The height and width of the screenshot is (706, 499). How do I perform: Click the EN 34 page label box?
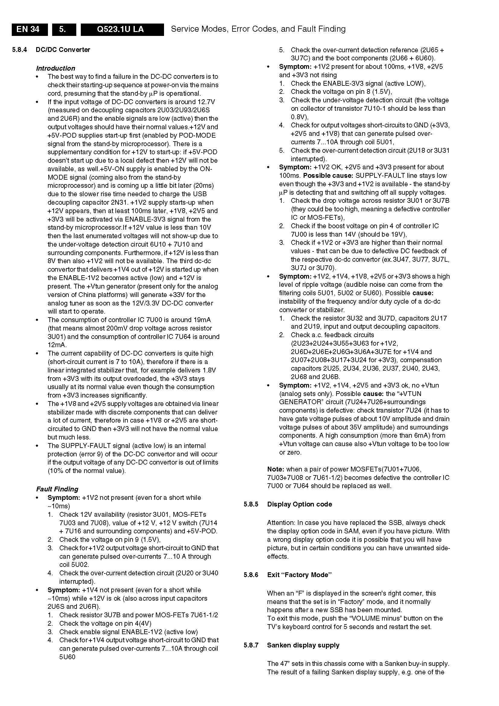(30, 29)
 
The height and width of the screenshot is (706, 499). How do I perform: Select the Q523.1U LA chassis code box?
(122, 29)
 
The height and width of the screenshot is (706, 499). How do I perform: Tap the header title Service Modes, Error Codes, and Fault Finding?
(258, 29)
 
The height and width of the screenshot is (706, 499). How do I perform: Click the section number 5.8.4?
(20, 50)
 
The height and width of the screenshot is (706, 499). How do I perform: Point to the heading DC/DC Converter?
(63, 50)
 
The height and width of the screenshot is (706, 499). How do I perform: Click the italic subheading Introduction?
(55, 68)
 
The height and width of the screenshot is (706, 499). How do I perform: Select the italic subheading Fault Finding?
(57, 489)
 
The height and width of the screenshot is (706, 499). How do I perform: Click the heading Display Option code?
(300, 504)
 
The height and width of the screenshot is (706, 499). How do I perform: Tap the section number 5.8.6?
(251, 575)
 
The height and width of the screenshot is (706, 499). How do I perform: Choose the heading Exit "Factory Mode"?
(300, 575)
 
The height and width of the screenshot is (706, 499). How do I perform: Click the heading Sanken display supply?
(303, 645)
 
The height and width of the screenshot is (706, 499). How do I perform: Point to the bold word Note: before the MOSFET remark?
(276, 469)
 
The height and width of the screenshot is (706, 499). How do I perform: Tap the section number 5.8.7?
(251, 645)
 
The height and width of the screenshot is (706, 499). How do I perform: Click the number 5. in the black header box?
(63, 29)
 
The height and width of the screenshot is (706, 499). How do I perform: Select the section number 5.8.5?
(251, 504)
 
